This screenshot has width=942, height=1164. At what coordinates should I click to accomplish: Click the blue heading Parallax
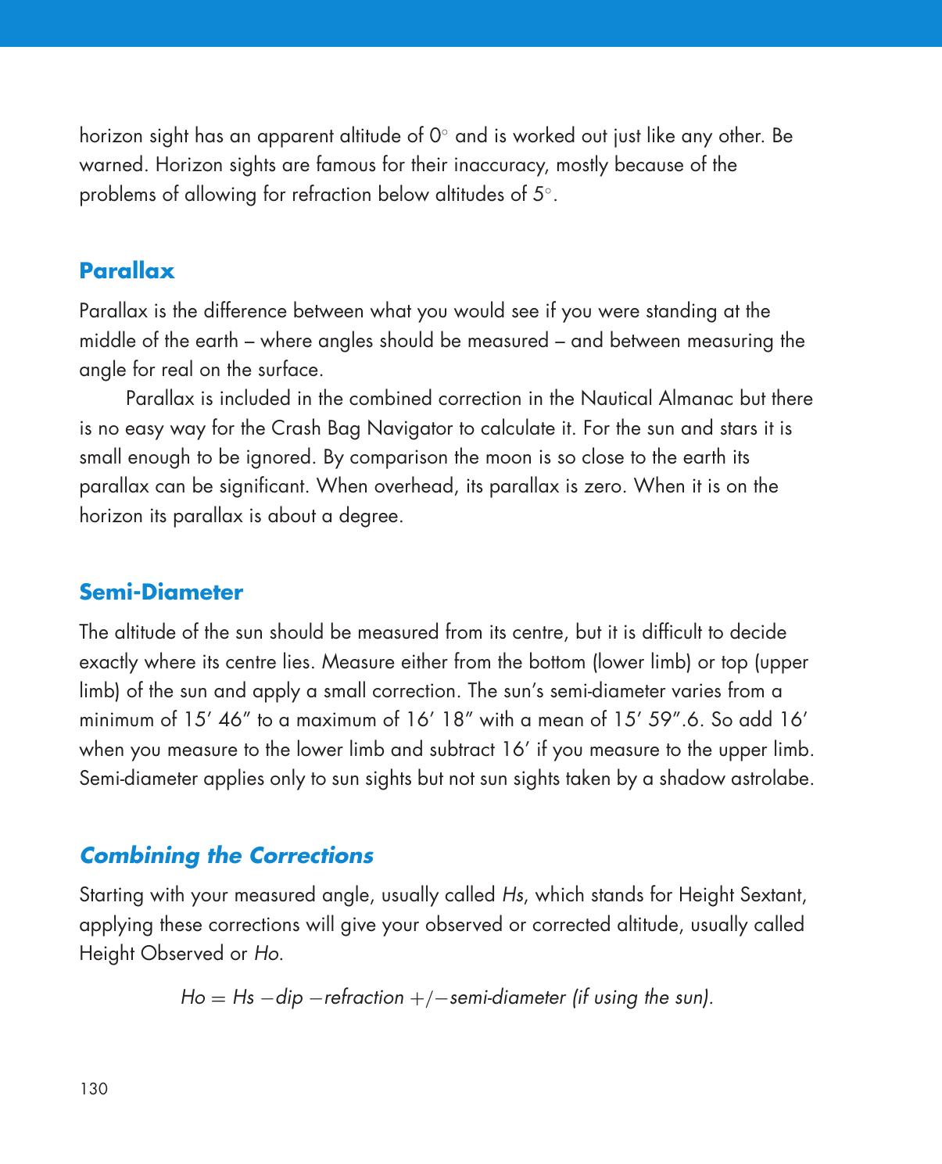(127, 271)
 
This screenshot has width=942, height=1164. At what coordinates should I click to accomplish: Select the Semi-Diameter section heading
(161, 593)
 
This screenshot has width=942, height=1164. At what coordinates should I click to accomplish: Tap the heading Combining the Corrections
(227, 855)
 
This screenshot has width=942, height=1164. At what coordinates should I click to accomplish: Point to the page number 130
(93, 1089)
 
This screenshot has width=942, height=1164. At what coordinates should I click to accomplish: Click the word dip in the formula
(288, 997)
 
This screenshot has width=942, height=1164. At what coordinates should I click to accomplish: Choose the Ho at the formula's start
(192, 997)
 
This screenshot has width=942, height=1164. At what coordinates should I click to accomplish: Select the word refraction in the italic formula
(364, 997)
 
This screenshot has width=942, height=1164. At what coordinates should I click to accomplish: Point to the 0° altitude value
(439, 136)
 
